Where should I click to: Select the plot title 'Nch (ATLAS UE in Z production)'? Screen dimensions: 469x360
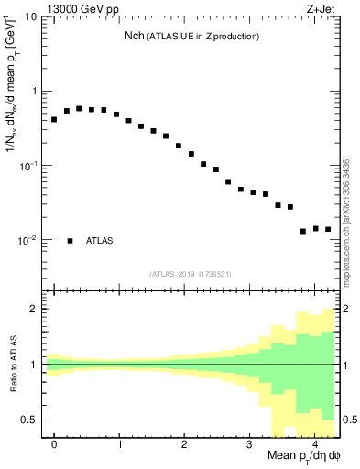[192, 36]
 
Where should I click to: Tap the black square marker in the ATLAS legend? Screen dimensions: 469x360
[70, 241]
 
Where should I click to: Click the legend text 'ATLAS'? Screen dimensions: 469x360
[100, 241]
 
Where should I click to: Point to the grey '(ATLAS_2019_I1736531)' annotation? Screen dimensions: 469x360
[191, 273]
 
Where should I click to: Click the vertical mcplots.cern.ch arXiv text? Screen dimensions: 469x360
[346, 220]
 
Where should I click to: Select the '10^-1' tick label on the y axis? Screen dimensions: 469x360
[27, 166]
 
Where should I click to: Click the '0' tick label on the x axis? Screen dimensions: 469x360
[54, 442]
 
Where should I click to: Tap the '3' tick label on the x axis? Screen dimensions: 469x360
[250, 442]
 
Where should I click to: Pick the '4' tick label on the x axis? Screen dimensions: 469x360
[315, 442]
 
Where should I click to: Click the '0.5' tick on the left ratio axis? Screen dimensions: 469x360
[28, 420]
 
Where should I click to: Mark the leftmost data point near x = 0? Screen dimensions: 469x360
[54, 120]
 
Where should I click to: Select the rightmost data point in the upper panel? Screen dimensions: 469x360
[328, 230]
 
